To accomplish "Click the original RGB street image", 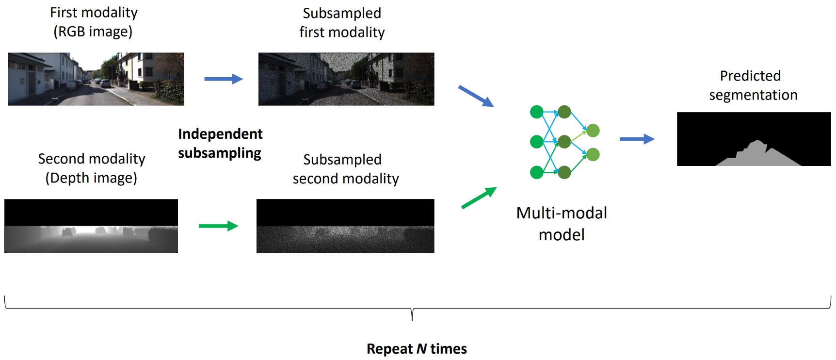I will click(96, 79).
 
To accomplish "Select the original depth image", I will click(91, 226).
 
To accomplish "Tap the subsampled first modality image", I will click(346, 79).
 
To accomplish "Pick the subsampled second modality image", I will click(345, 226).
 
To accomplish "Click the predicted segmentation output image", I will click(754, 139).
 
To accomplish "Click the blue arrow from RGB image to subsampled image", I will click(223, 79).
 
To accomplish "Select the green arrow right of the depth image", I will click(218, 226).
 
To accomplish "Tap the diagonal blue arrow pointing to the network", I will click(476, 96).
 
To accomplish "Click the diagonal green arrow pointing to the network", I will click(479, 198).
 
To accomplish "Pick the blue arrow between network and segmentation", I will click(637, 139).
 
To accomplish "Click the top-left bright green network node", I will click(536, 112).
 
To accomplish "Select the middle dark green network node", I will click(564, 142).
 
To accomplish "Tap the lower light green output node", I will click(593, 155).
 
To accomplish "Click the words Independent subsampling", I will click(220, 143).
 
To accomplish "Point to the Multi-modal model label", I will click(562, 224).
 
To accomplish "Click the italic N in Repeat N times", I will click(421, 349).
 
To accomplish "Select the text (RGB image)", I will click(93, 32).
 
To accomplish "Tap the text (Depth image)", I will click(91, 178).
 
